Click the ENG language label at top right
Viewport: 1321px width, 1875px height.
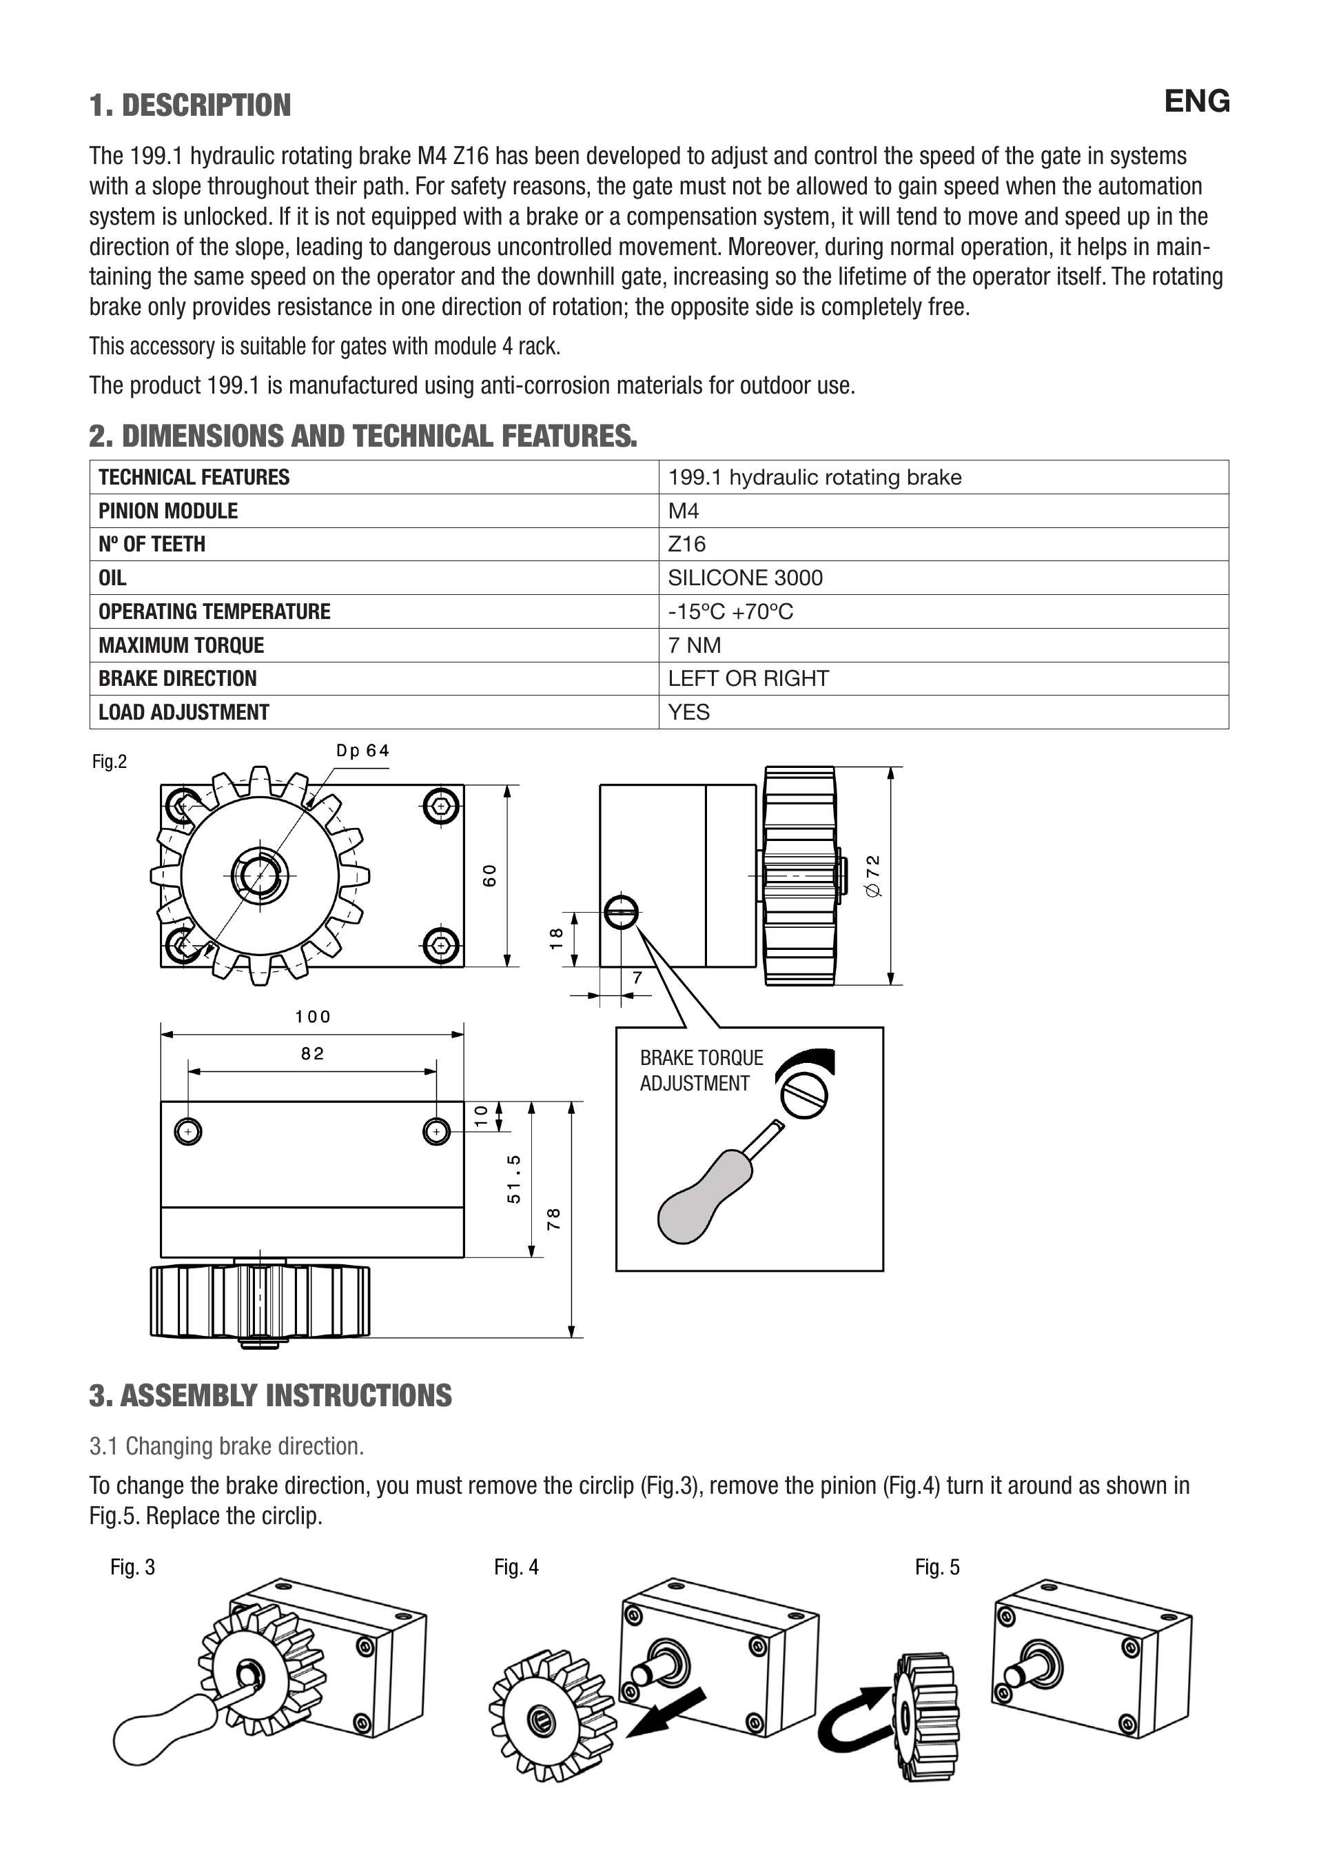point(1196,101)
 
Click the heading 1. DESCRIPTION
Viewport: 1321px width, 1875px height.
point(190,105)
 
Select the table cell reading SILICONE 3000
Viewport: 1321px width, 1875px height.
point(745,578)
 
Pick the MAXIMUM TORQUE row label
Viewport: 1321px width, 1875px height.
point(181,645)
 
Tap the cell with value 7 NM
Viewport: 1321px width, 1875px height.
point(694,645)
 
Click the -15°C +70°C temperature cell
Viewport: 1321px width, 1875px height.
point(730,611)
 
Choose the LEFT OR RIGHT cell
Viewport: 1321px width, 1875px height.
point(748,678)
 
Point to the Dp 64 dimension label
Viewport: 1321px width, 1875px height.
point(362,751)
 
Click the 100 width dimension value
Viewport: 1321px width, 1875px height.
point(313,1017)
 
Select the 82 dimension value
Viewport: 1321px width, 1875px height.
point(313,1053)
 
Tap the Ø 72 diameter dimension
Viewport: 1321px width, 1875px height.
point(873,875)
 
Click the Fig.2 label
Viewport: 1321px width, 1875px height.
point(110,762)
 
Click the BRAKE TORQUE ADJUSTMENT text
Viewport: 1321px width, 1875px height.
point(701,1071)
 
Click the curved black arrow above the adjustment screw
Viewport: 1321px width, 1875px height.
point(808,1062)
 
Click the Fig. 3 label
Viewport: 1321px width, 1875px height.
point(132,1567)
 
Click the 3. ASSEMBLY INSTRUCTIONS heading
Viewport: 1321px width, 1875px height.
point(270,1396)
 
